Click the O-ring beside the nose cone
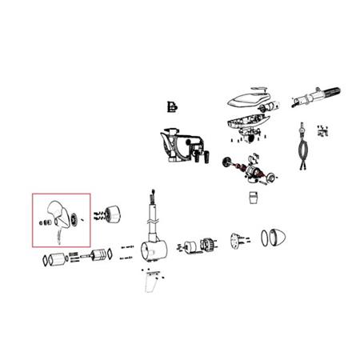pyautogui.click(x=265, y=237)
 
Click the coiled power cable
pyautogui.click(x=303, y=152)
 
